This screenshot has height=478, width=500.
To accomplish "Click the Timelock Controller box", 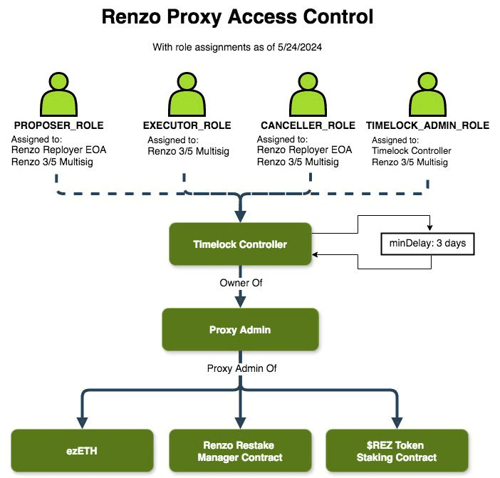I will (x=240, y=244).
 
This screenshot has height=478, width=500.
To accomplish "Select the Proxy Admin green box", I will (x=240, y=329).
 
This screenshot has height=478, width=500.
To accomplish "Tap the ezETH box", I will (x=83, y=450).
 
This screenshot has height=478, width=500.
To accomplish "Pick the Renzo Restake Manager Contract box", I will (x=240, y=451).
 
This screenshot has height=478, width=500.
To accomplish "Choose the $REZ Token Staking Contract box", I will (x=397, y=451).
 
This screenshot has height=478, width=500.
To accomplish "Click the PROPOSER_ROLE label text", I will (x=59, y=125).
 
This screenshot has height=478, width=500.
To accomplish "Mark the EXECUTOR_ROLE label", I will (x=187, y=125).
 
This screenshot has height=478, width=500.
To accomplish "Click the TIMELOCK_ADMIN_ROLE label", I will (x=427, y=125).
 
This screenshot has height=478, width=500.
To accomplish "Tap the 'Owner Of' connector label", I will (x=240, y=283).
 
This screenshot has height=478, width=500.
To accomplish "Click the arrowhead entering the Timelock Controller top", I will (x=240, y=217).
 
